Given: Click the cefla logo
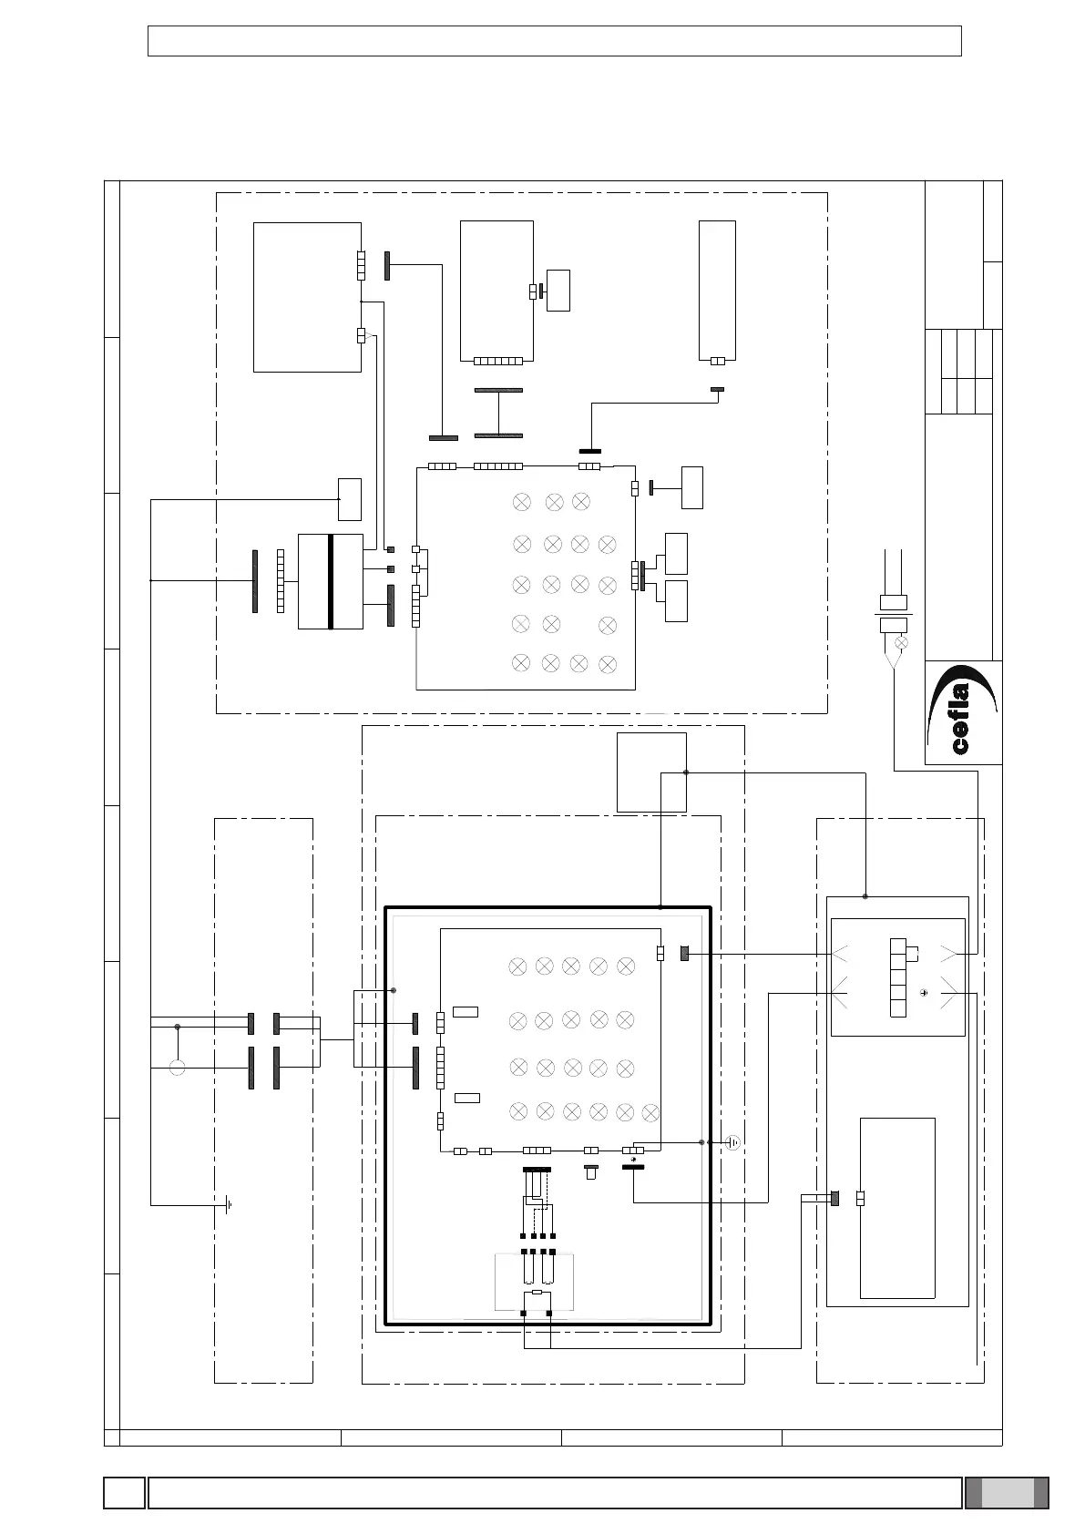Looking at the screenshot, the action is click(963, 712).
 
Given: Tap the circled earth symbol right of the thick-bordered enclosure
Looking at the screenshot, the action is click(733, 1142).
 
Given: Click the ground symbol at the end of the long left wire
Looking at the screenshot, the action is click(229, 1205).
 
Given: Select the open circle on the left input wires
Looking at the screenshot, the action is click(178, 1068).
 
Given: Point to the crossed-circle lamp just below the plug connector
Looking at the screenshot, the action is click(902, 643).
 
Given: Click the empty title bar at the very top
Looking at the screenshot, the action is click(554, 41).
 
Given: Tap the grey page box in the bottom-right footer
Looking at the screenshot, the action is click(1008, 1493).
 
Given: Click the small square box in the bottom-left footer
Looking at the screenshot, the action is click(124, 1493).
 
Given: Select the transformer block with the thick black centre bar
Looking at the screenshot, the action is click(330, 581).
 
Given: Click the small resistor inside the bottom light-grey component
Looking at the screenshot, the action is click(537, 1292).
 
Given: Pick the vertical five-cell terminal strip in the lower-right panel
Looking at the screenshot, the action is click(898, 977).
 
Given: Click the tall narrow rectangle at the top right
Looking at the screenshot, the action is click(717, 289).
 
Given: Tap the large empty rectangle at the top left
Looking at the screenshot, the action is click(306, 296).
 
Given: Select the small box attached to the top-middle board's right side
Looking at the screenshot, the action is click(558, 290).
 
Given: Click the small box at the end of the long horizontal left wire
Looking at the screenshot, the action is click(349, 498).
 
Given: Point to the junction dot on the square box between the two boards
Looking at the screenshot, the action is click(686, 772).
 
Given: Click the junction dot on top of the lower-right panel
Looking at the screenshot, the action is click(865, 896).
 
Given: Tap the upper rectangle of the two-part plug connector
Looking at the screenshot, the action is click(893, 602).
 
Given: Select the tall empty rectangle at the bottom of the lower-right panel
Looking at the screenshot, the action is click(897, 1207).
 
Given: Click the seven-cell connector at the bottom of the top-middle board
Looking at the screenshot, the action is click(498, 361).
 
